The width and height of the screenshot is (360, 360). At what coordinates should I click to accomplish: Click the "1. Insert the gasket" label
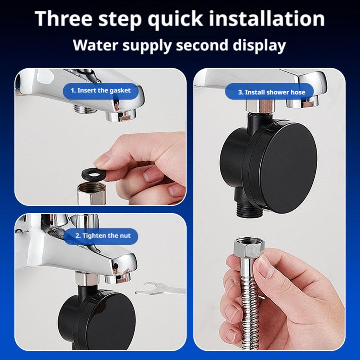point(100,90)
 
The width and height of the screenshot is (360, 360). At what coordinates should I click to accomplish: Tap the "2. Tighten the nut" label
point(102,236)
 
